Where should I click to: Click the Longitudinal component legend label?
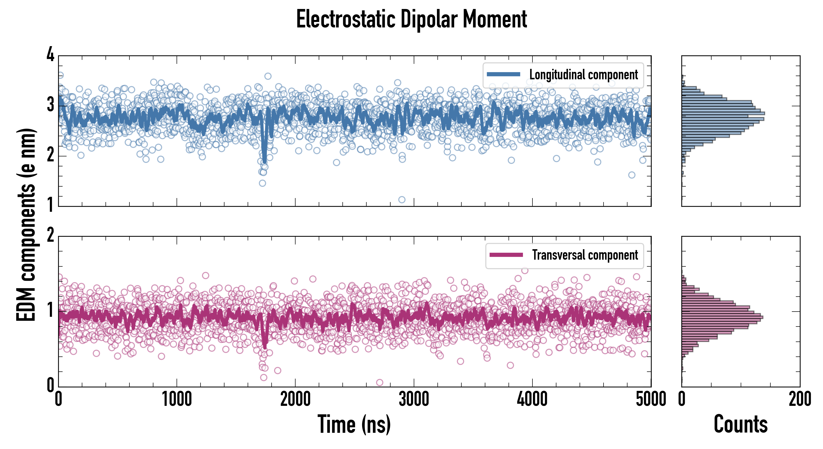click(583, 75)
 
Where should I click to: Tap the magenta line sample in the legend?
click(506, 255)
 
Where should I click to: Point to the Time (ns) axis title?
click(354, 424)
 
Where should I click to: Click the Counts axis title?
click(740, 424)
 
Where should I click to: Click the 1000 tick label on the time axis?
click(177, 399)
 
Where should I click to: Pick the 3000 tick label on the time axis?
click(414, 399)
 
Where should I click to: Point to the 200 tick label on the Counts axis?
click(800, 399)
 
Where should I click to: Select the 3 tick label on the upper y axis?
click(50, 105)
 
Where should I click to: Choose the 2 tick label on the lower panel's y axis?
click(50, 236)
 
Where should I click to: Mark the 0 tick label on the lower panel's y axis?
click(50, 385)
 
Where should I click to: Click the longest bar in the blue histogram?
click(723, 113)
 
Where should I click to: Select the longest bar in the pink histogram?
click(722, 317)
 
